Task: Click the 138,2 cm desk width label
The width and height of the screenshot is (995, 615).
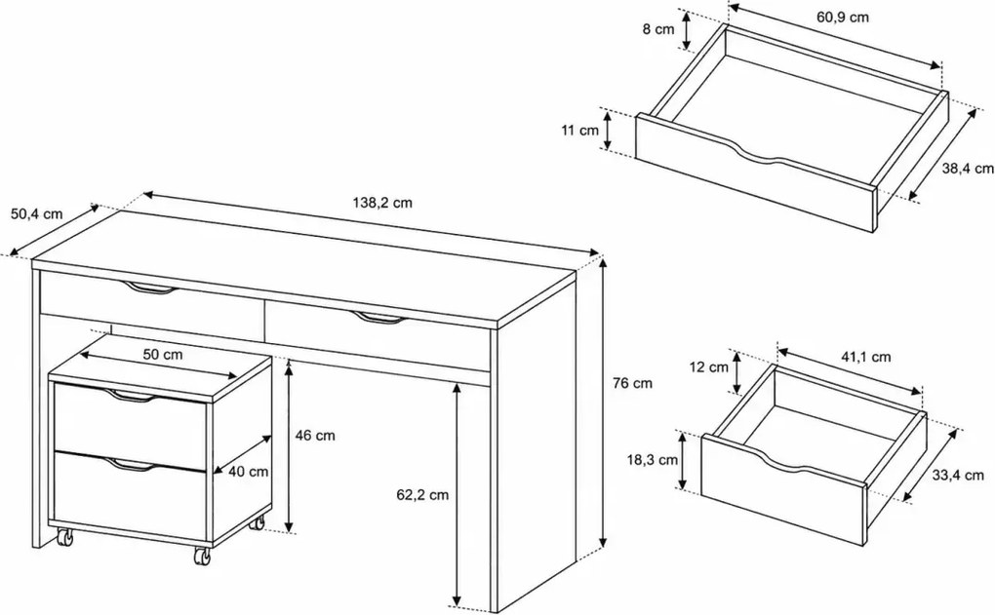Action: tap(382, 203)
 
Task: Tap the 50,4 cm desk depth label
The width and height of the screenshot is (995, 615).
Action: tap(37, 213)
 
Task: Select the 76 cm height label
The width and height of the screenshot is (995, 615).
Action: tap(633, 383)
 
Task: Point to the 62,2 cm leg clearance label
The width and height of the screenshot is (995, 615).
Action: tap(422, 495)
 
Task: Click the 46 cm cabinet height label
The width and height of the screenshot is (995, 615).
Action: tap(315, 436)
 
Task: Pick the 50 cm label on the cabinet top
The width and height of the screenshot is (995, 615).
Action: tap(163, 355)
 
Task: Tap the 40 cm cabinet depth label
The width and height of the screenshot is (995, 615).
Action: tap(248, 472)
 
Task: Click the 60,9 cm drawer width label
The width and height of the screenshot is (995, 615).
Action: tap(843, 18)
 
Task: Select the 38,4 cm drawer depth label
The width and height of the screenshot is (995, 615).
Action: tap(968, 169)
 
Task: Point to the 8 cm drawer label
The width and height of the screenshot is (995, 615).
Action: tap(658, 29)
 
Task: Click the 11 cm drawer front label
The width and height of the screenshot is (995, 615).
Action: tap(580, 131)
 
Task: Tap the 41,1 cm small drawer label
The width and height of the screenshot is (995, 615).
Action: tap(866, 358)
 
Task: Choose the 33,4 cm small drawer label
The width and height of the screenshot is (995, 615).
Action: tap(958, 475)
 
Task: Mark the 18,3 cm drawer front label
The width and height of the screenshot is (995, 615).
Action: tap(653, 460)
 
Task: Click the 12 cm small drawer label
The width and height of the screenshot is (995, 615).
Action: tap(709, 367)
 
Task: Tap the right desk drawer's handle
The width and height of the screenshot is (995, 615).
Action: tap(378, 319)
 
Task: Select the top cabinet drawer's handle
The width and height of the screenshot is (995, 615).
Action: tap(132, 397)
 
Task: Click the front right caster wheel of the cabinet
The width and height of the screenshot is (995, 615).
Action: tap(202, 557)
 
